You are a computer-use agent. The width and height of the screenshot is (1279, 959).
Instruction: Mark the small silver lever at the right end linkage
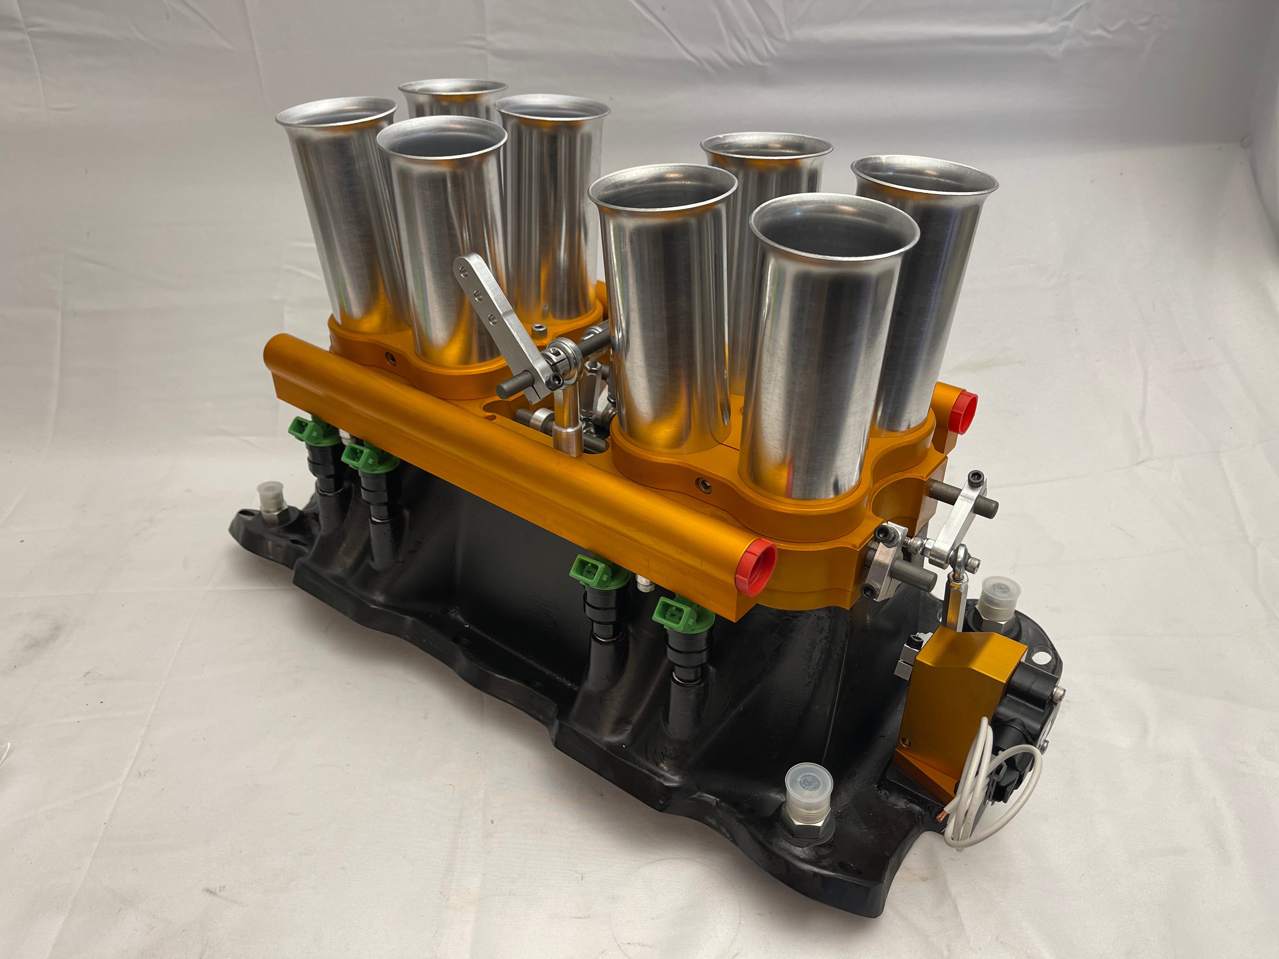[x=953, y=527]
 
